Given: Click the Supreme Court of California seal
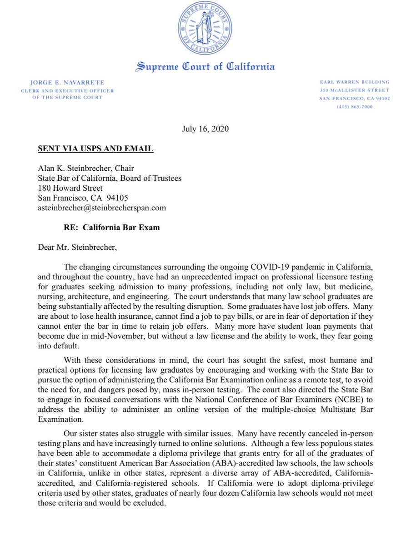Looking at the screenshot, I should click(x=205, y=28).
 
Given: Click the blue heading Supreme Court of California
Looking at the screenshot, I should click(x=205, y=67).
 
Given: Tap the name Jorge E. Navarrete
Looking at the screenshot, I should click(x=67, y=82).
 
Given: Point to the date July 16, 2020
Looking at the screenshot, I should click(x=205, y=129).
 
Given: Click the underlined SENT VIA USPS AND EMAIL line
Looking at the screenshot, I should click(x=95, y=149).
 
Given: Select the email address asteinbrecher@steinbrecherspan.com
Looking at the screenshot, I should click(x=102, y=208).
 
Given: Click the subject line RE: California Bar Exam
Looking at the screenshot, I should click(x=111, y=228).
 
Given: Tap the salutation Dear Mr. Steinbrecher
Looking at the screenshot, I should click(x=80, y=248).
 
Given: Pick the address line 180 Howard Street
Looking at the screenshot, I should click(x=70, y=188).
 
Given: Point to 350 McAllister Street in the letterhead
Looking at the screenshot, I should click(x=355, y=90).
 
